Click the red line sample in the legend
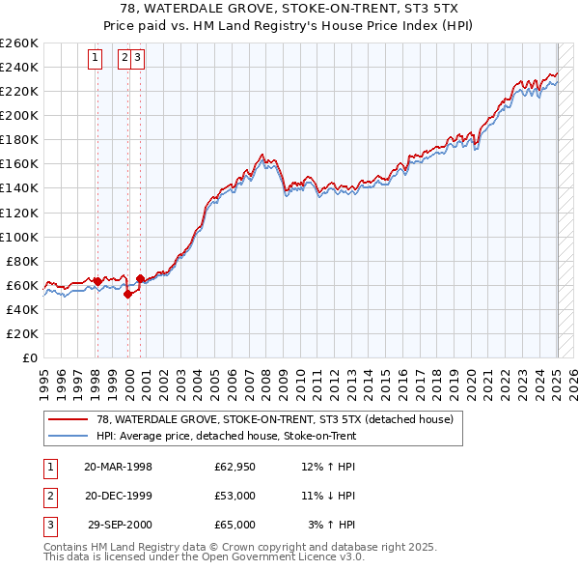click(69, 419)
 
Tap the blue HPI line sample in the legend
click(69, 436)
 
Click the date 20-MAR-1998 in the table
click(118, 468)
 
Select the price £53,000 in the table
click(234, 497)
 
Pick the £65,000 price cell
click(234, 525)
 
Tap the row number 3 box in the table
click(49, 525)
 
